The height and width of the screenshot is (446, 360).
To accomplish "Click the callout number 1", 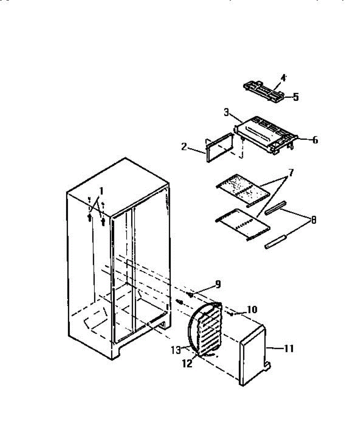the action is (100, 192).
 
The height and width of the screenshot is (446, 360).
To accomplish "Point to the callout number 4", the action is (283, 78).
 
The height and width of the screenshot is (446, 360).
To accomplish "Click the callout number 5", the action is (295, 97).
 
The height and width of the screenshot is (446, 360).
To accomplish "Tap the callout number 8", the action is (314, 220).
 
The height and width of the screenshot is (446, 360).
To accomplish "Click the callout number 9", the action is (218, 285).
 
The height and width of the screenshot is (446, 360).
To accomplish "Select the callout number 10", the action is (251, 309).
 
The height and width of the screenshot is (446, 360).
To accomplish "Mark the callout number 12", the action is (188, 364).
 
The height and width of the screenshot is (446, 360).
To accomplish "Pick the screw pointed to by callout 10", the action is (231, 314).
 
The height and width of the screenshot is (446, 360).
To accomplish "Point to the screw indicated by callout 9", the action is (190, 294).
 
